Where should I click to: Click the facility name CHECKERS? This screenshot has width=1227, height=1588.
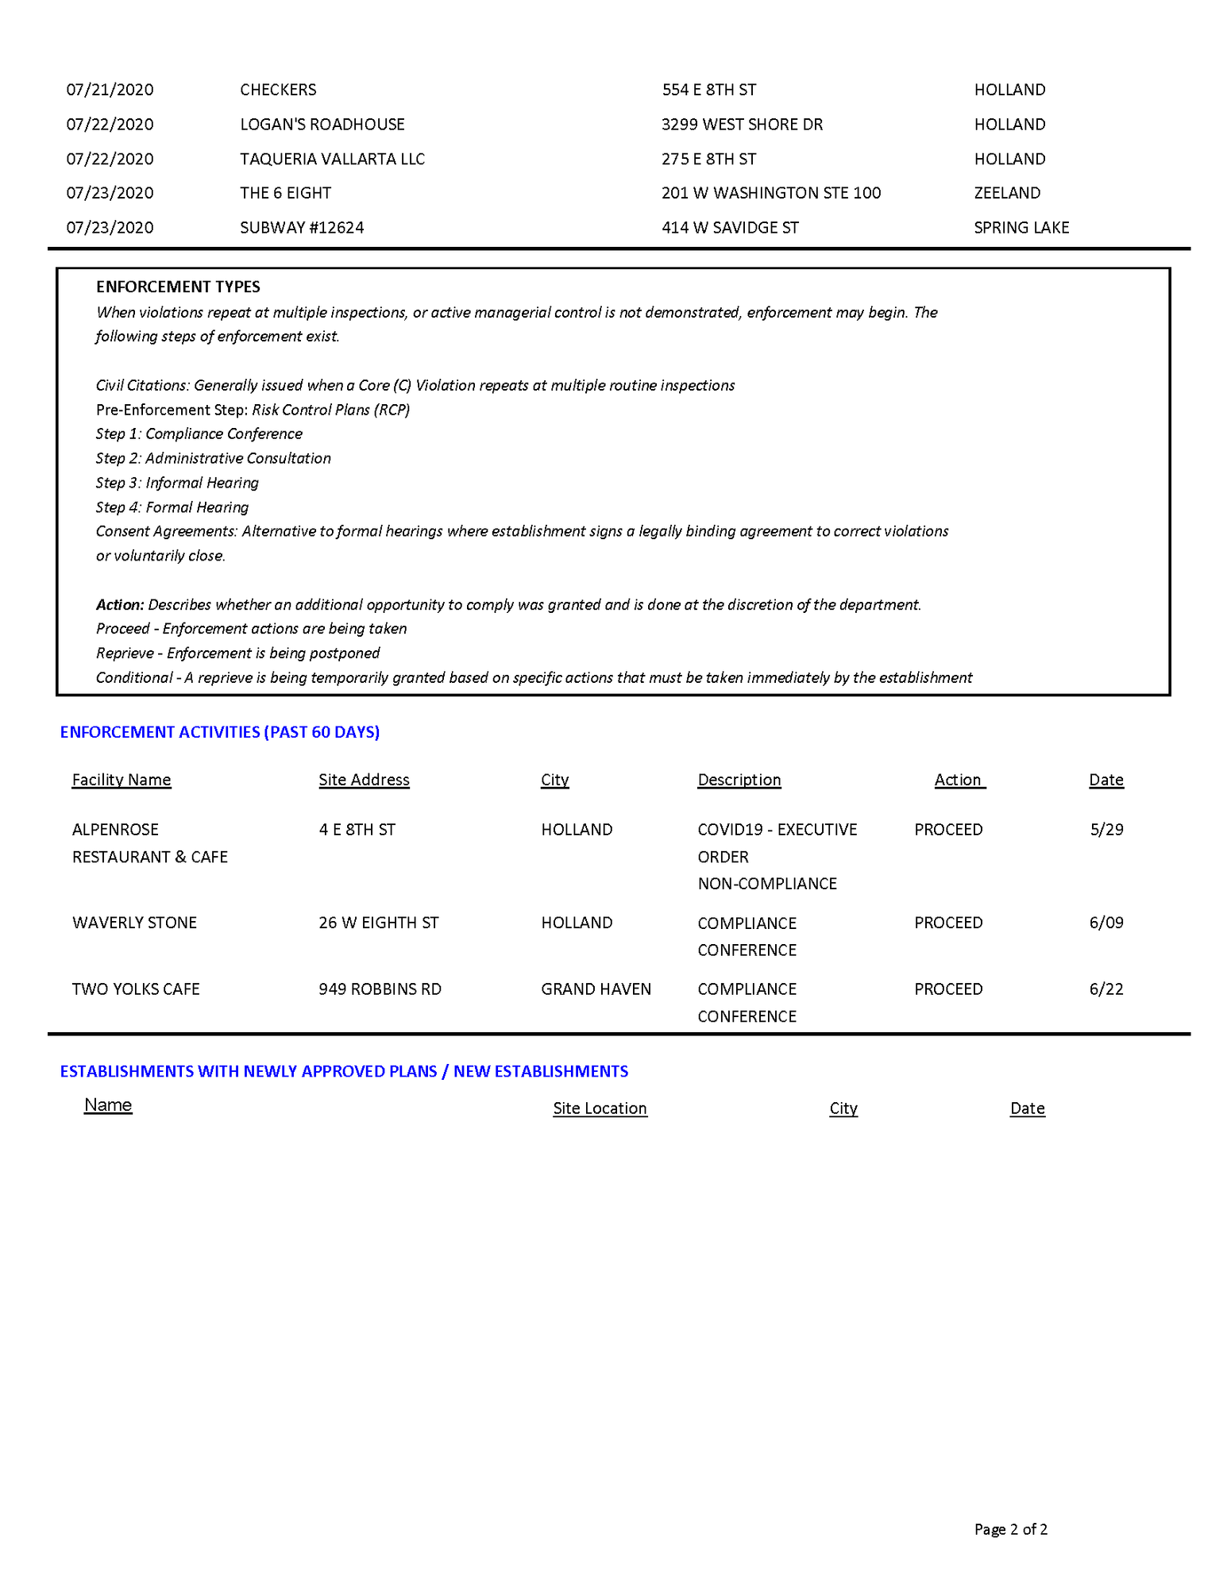[x=278, y=90]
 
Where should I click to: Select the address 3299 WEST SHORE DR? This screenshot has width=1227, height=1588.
[x=742, y=125]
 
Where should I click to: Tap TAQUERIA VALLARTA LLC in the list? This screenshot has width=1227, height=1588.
[x=332, y=159]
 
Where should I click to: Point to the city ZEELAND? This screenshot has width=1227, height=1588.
[x=1006, y=193]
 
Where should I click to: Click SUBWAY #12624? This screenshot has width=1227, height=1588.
[x=302, y=228]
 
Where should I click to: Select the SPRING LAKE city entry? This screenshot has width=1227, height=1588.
[x=1021, y=228]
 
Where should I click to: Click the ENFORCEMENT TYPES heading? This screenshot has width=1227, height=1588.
[x=178, y=287]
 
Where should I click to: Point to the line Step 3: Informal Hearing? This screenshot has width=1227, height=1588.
[x=177, y=483]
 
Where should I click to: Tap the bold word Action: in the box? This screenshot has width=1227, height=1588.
[x=120, y=605]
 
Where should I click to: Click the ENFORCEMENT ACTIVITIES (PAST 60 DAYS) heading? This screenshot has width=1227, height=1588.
[x=220, y=732]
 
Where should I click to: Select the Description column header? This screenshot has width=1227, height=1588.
[x=739, y=780]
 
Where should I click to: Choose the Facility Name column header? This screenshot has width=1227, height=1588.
[x=122, y=780]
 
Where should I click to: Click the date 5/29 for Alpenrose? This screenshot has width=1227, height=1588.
[x=1106, y=830]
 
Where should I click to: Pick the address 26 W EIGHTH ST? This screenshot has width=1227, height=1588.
[x=378, y=923]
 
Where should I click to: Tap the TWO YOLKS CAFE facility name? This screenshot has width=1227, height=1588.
[x=136, y=989]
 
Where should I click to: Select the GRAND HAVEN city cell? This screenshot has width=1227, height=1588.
[x=596, y=989]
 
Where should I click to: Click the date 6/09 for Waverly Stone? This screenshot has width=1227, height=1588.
[x=1106, y=923]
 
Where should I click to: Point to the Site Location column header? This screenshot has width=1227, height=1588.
[x=600, y=1108]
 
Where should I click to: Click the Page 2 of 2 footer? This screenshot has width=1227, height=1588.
[x=1010, y=1529]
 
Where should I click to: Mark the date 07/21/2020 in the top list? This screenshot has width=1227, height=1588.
[x=110, y=90]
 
